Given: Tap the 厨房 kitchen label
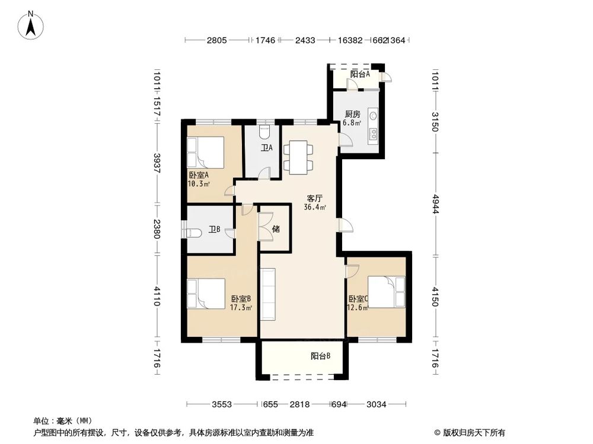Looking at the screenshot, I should point(353,114).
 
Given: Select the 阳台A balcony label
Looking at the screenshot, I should point(359,75).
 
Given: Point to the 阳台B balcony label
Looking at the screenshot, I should point(320,356).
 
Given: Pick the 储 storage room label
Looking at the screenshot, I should point(276,229).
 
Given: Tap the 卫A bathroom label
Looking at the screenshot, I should point(266,148).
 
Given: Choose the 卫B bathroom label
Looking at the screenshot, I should point(215,230).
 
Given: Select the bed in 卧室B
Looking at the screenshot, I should point(205,294).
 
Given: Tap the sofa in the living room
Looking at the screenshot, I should point(268,294).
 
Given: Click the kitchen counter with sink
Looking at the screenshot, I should point(374,124).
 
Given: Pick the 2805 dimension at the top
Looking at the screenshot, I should point(217,41).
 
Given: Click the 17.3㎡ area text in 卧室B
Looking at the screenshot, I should point(241,308).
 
